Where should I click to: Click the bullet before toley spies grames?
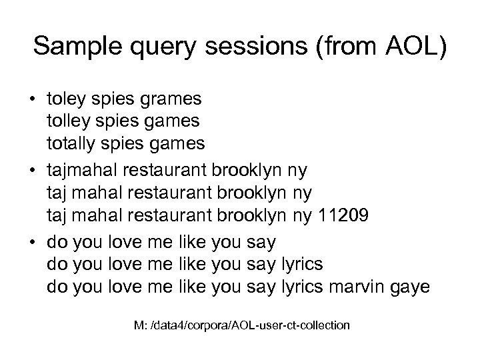[33, 100]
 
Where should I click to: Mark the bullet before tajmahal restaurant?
[33, 171]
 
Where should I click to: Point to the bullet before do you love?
[33, 242]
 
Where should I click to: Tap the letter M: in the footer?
[141, 325]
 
